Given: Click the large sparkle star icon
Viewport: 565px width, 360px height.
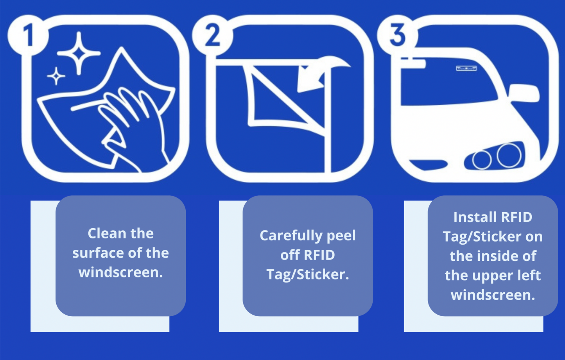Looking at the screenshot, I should pos(79,54).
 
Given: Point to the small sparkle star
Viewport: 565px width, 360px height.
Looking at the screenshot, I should pos(56,76).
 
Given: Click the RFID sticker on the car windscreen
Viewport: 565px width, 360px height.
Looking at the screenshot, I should pos(466,68).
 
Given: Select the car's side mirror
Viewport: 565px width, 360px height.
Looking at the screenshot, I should pos(524,93).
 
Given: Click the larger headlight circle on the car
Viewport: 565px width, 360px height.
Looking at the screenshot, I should pos(509,155).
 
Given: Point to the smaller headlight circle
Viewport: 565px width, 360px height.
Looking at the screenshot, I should pos(482,159).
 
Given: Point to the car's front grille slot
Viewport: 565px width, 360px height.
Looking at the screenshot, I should pos(428,165).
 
